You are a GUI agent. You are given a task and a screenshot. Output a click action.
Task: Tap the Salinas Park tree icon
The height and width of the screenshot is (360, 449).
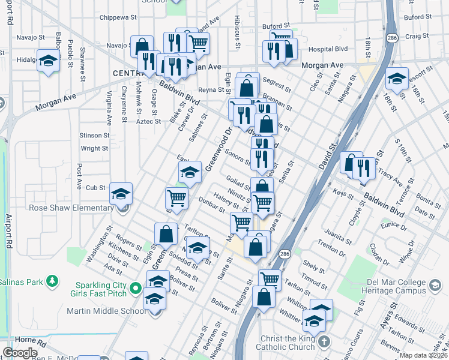coord(53,281)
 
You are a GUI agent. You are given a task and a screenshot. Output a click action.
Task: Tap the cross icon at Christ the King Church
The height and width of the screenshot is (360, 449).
coord(324,341)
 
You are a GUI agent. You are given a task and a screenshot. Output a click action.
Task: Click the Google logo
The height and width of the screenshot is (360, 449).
coord(20,353)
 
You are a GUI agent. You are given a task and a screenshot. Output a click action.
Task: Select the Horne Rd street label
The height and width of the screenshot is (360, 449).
coord(24,343)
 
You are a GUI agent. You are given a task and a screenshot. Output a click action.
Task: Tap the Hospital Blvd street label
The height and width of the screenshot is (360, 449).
coord(328,49)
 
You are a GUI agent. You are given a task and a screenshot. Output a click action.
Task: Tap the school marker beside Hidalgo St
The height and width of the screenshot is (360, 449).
coord(48,61)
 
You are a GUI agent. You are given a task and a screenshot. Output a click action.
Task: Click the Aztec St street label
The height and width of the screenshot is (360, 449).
coord(149,121)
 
